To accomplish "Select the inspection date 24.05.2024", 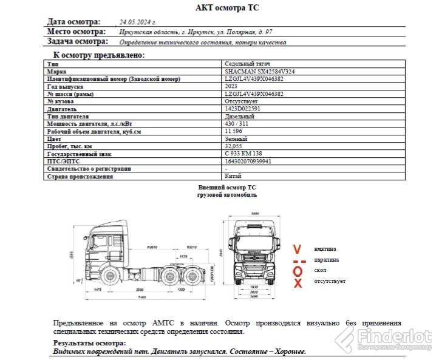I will point(141,21).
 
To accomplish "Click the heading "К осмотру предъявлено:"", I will point(99,55).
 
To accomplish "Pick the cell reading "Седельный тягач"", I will point(247,63).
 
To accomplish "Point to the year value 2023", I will point(231,86).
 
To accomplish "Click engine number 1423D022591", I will point(243,109).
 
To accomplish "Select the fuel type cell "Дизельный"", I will point(239,116).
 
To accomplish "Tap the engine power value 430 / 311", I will point(237,124).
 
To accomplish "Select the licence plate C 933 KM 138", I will point(243,154).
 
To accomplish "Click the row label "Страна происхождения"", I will point(80,177).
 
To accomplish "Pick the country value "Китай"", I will point(233,177).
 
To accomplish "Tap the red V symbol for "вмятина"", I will point(297,250).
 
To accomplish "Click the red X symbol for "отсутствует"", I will point(298,283).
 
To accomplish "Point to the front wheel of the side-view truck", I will point(111,276).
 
